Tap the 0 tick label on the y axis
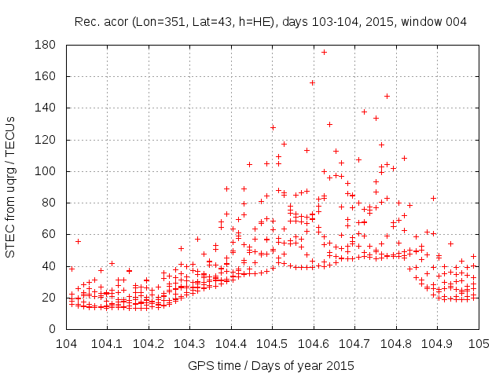[x=57, y=328]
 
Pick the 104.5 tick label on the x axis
[x=272, y=343]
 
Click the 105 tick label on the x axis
[x=479, y=343]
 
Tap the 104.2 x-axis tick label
[x=149, y=343]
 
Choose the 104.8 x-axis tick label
[x=396, y=343]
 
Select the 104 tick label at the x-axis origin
[x=66, y=343]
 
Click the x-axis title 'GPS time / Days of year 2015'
[x=272, y=365]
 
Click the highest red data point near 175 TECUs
[x=325, y=53]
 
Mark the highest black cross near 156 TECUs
[x=312, y=82]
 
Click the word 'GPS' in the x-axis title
[x=199, y=365]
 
